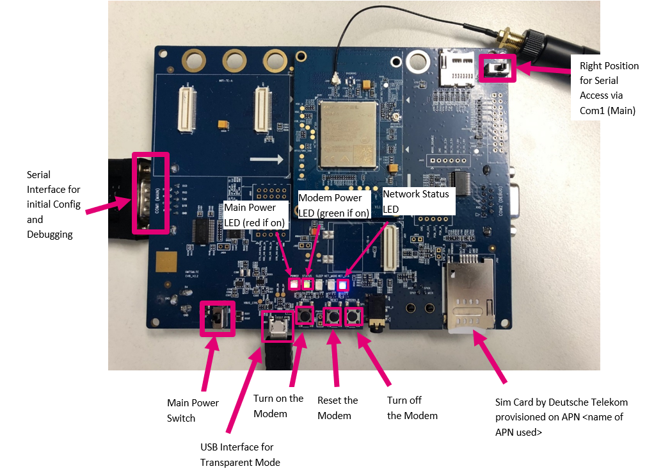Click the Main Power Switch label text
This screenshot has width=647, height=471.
(x=193, y=409)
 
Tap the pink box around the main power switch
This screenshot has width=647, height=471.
(x=217, y=317)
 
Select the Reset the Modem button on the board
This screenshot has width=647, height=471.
(x=333, y=317)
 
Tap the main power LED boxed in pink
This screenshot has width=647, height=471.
(x=294, y=283)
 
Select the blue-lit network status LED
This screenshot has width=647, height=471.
(x=342, y=284)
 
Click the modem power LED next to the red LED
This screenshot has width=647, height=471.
(x=307, y=284)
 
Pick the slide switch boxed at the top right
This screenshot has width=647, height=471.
(x=499, y=68)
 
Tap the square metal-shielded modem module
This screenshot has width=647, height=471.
(x=347, y=133)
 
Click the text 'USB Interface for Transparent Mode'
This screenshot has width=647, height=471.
(x=239, y=454)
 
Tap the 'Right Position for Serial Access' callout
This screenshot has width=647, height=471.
(x=609, y=88)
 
